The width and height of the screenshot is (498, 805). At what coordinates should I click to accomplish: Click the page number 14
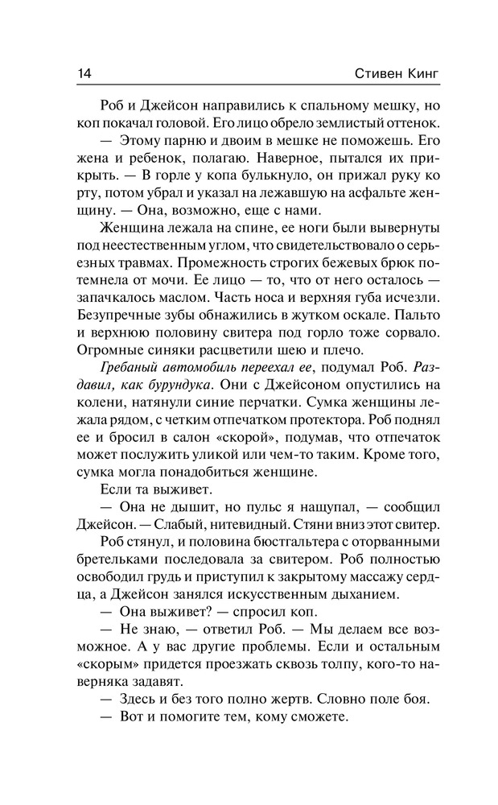(84, 72)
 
